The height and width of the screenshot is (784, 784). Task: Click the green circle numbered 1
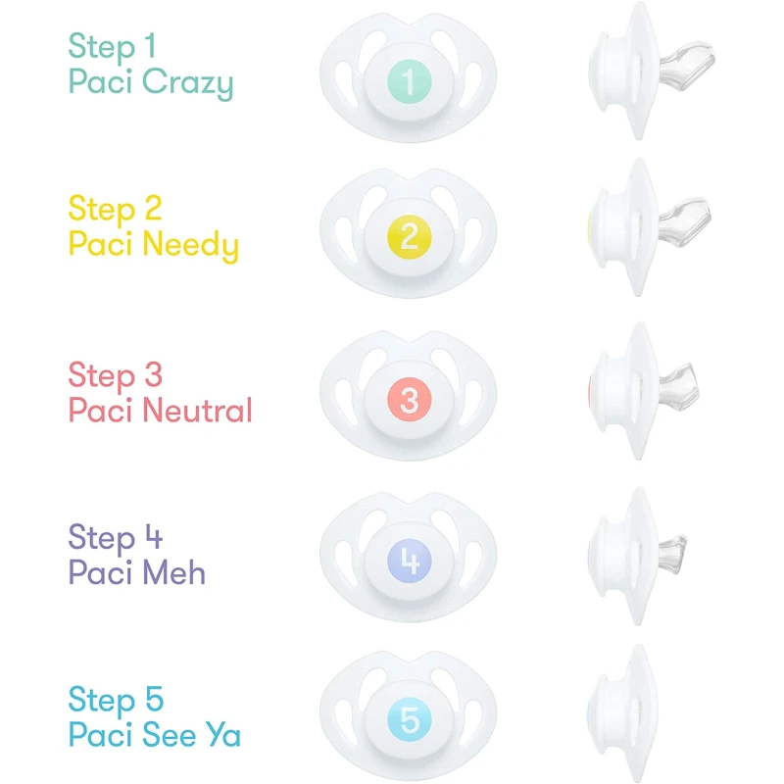[x=410, y=81]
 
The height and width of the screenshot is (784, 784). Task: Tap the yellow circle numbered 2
[x=410, y=236]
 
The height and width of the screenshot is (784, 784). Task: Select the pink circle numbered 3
[x=410, y=399]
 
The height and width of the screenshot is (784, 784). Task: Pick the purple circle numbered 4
[x=410, y=561]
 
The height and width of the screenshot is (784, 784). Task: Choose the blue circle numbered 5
[x=410, y=719]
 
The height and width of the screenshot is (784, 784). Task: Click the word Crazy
[x=188, y=83]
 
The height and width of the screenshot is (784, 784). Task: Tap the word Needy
[x=190, y=246]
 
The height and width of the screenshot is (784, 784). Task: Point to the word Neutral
[x=197, y=410]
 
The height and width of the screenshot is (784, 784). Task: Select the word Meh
[x=174, y=572]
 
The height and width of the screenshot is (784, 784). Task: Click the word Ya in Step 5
[x=223, y=734]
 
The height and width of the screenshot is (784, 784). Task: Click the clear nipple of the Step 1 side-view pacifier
[x=687, y=65]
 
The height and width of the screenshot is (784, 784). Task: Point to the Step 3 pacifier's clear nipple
[x=678, y=387]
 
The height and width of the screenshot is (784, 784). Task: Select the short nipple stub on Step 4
[x=672, y=554]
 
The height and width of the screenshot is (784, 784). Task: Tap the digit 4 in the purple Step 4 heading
[x=154, y=537]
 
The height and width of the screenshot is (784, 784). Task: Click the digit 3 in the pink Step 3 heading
[x=154, y=374]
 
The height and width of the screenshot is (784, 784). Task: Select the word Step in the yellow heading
[x=102, y=210]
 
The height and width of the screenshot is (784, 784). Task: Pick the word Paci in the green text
[x=100, y=81]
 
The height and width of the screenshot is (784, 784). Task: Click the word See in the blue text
[x=169, y=734]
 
